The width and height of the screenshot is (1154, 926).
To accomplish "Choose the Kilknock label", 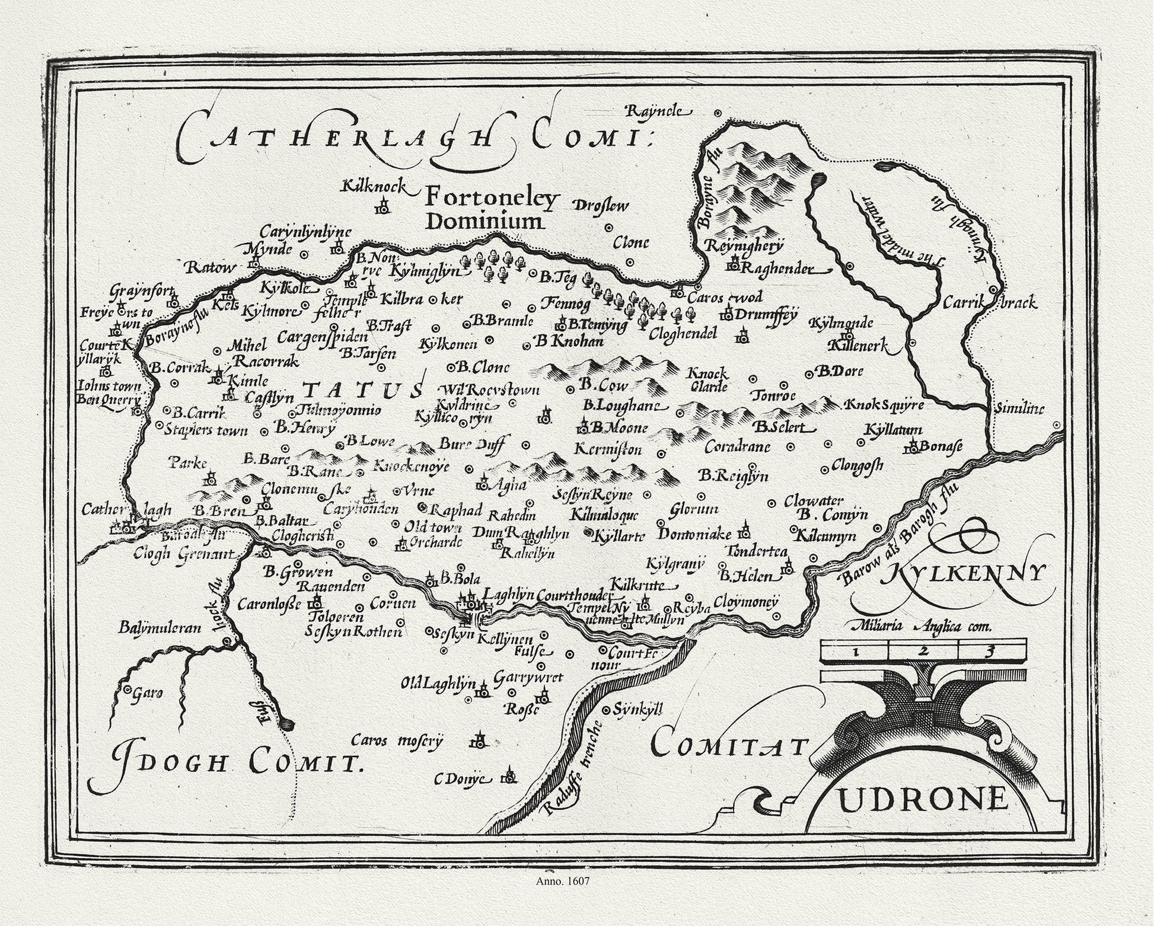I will pyautogui.click(x=373, y=187).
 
